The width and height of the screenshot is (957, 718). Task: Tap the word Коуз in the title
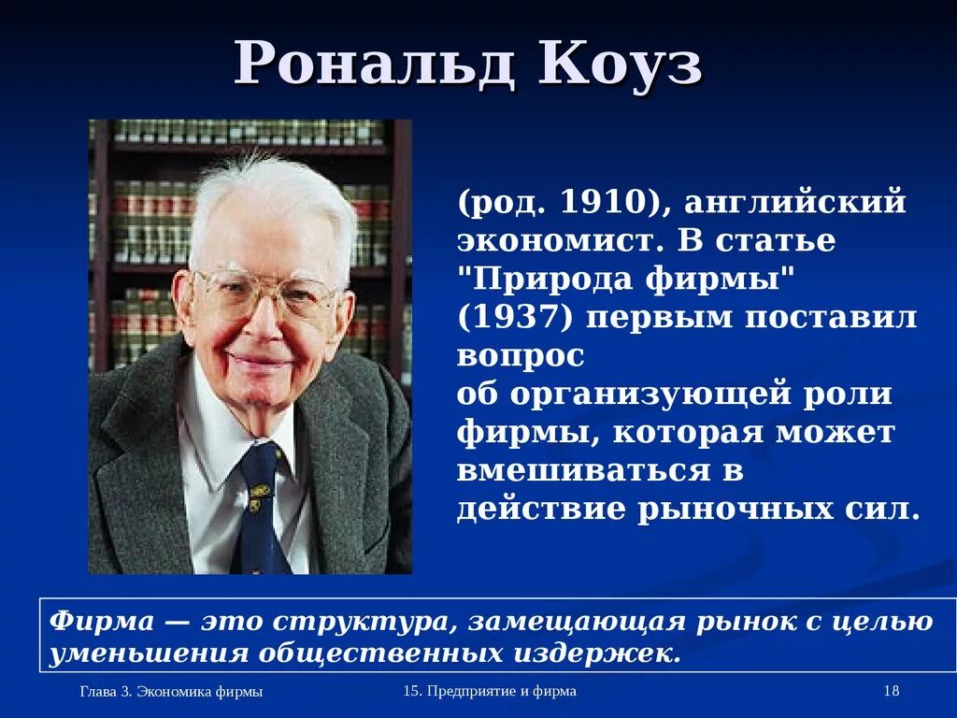point(621,65)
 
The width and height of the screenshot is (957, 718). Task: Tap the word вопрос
point(521,356)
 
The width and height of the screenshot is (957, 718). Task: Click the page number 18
point(890,691)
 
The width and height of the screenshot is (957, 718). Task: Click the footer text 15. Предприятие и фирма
point(490,691)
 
